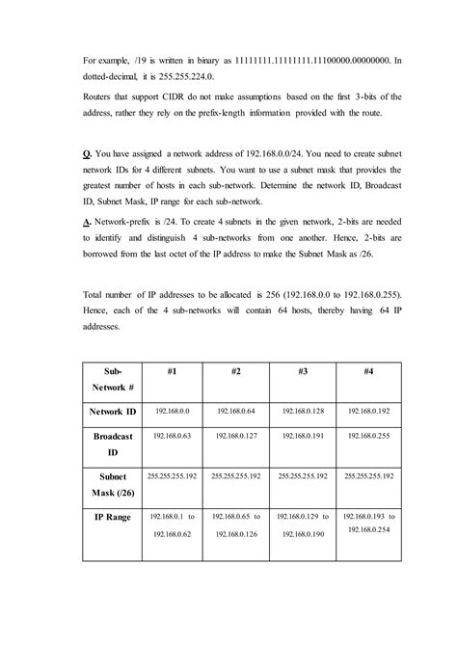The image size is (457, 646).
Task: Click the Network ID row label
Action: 114,412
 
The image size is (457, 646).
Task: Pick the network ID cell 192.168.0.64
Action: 235,411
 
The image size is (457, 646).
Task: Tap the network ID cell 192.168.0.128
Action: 302,411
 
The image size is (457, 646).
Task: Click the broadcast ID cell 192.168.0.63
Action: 170,436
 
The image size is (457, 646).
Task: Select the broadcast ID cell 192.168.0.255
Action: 368,436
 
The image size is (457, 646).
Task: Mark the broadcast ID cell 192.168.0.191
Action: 302,436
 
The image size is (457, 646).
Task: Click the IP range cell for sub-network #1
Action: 170,525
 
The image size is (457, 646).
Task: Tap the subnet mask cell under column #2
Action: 235,475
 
